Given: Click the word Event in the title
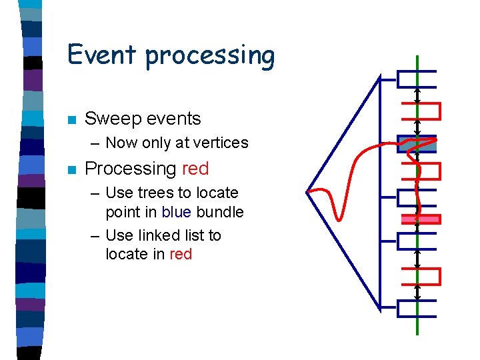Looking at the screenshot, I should point(103,54).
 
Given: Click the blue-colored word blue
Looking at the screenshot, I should point(177,213).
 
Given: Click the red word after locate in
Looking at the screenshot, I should point(181,254).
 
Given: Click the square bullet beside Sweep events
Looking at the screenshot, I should point(71,120).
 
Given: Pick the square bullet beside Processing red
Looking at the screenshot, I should point(71,170).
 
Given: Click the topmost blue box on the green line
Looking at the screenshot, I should point(417,79).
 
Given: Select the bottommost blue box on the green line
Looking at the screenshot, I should point(417,308).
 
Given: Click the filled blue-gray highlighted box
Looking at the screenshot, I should point(417,144).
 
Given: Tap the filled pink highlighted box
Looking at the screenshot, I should point(420,219).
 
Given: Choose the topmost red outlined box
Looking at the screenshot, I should point(421,111).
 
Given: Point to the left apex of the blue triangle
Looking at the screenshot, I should point(307,193).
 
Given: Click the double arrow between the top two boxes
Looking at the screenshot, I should point(417,95).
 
